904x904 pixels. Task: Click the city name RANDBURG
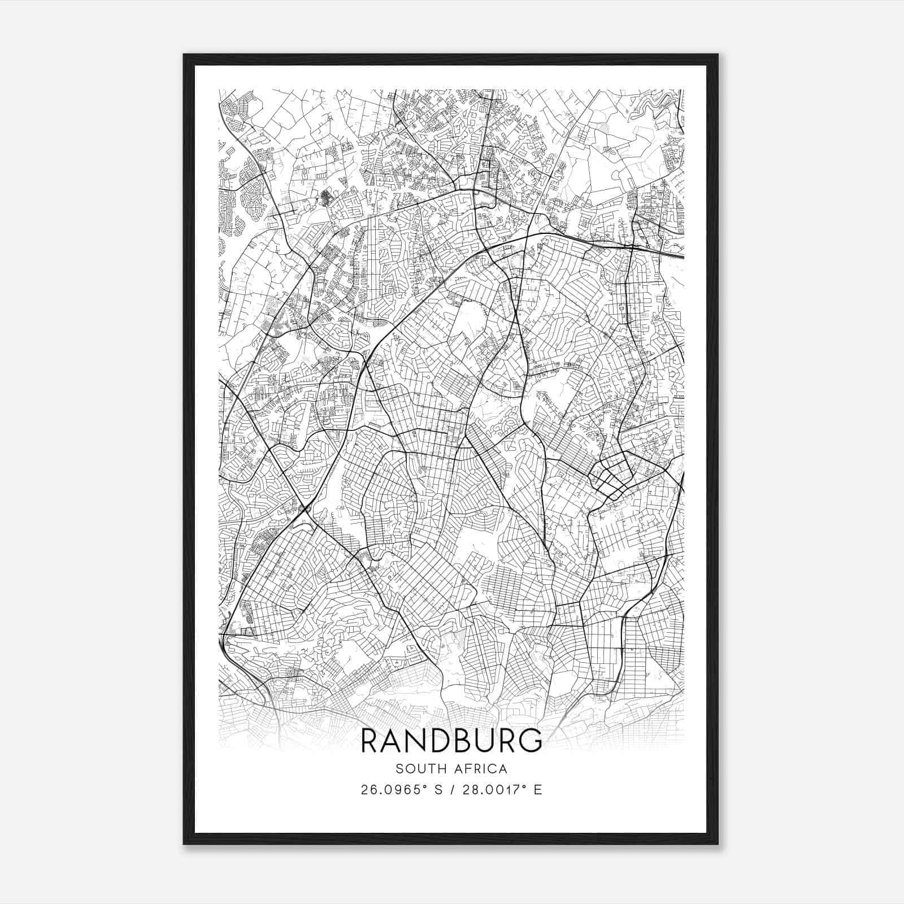pyautogui.click(x=451, y=741)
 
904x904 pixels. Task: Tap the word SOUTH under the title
pyautogui.click(x=417, y=768)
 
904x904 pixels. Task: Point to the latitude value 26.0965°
pyautogui.click(x=393, y=790)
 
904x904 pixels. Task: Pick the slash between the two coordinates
pyautogui.click(x=453, y=790)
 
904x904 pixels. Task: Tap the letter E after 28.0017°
pyautogui.click(x=538, y=790)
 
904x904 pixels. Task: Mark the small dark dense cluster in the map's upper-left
pyautogui.click(x=327, y=197)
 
